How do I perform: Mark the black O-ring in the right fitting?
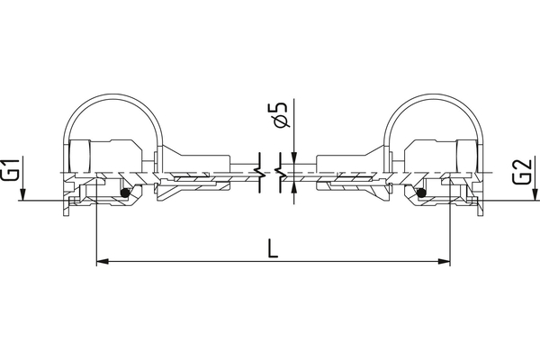coord(419,192)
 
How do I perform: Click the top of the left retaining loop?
coord(114,96)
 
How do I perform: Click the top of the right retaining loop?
coord(430,96)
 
